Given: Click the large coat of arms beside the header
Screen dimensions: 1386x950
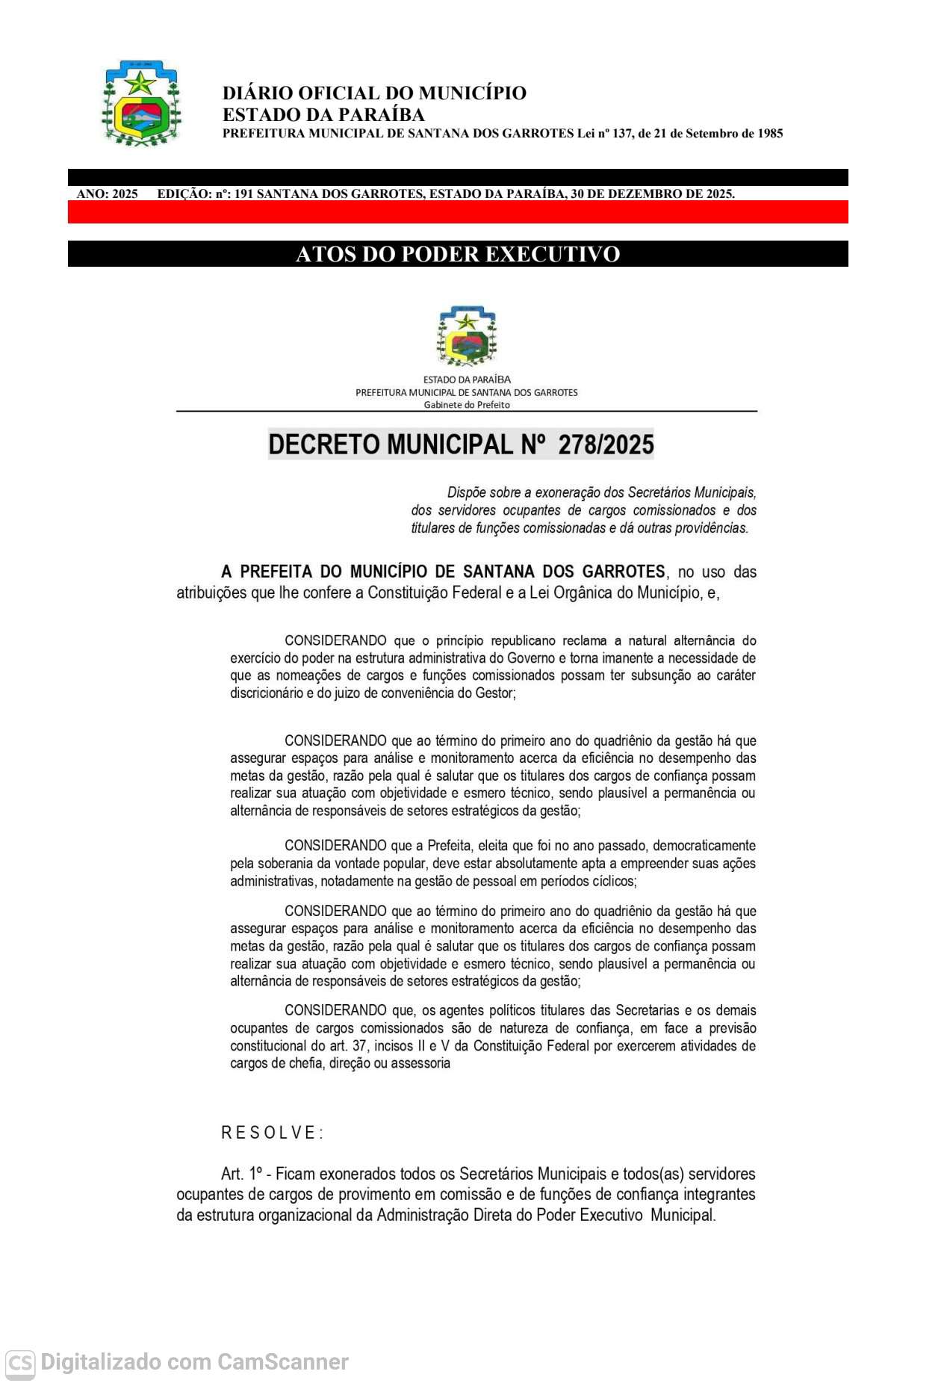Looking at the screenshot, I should (x=141, y=103).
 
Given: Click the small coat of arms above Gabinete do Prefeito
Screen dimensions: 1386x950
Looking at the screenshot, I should (x=467, y=335).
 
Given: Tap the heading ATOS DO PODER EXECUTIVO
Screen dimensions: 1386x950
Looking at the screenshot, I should (x=458, y=254).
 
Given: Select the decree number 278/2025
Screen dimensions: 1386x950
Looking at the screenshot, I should (x=606, y=445).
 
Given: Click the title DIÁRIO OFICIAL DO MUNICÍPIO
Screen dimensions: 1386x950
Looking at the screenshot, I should (x=374, y=93).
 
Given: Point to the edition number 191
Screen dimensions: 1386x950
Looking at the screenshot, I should (x=243, y=194).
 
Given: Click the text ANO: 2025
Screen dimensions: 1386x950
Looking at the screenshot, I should (x=107, y=194).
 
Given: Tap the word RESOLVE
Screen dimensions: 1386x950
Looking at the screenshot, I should (x=272, y=1133).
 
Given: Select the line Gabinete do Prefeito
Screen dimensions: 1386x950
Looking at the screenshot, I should (x=467, y=405).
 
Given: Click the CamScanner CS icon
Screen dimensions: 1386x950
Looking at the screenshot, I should (x=20, y=1364).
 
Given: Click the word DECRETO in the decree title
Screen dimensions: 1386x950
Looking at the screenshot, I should (x=324, y=445).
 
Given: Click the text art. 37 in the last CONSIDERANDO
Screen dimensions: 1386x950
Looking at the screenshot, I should (x=348, y=1045).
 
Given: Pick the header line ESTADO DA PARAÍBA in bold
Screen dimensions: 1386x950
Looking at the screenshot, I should (x=323, y=114).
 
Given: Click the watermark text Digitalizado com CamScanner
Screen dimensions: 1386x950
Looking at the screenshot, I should (x=194, y=1363).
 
